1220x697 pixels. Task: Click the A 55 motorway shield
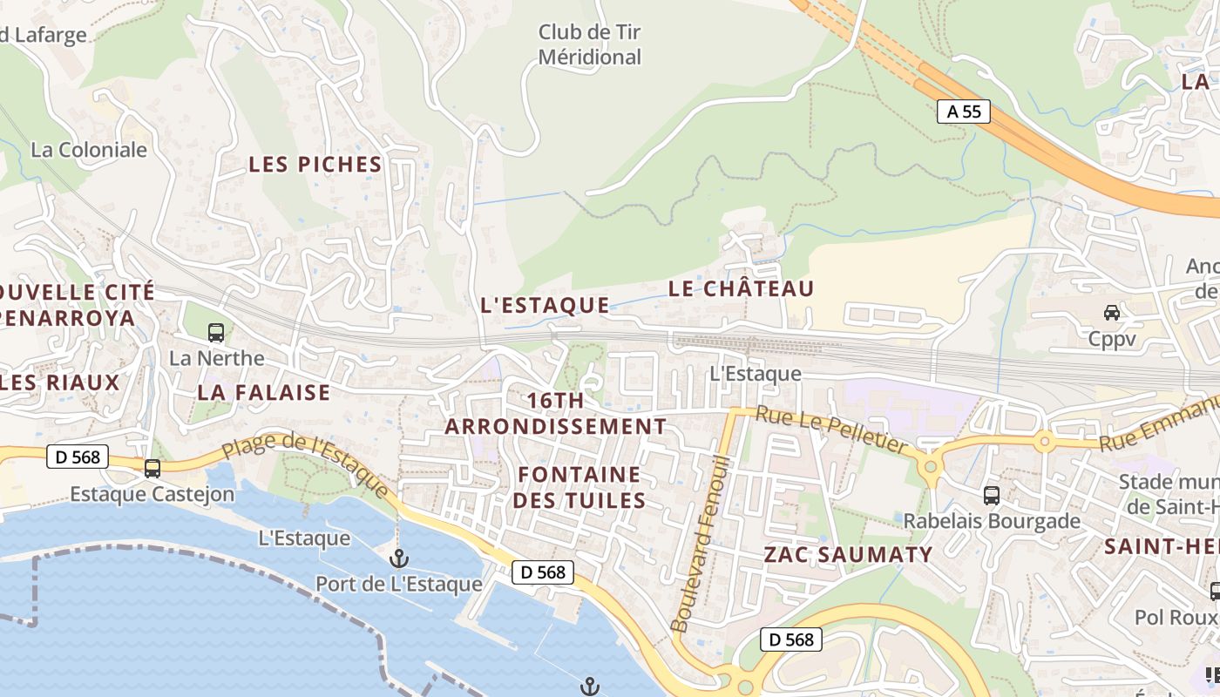964,111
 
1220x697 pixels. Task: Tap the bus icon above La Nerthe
215,332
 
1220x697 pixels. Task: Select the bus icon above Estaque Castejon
152,469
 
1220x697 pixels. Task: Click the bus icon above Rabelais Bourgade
992,496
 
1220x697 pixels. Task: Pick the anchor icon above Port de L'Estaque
399,558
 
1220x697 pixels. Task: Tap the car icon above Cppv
1112,312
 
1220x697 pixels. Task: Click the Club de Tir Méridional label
590,44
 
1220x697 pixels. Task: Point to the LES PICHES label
315,164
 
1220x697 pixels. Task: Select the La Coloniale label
89,149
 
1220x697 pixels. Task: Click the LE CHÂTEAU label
741,288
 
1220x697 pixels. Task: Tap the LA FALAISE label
264,392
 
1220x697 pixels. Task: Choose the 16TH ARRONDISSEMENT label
556,414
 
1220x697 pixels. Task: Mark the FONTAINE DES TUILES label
579,487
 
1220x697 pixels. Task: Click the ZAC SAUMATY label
848,554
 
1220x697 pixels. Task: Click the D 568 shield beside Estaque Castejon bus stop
77,456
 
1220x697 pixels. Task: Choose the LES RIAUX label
60,382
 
